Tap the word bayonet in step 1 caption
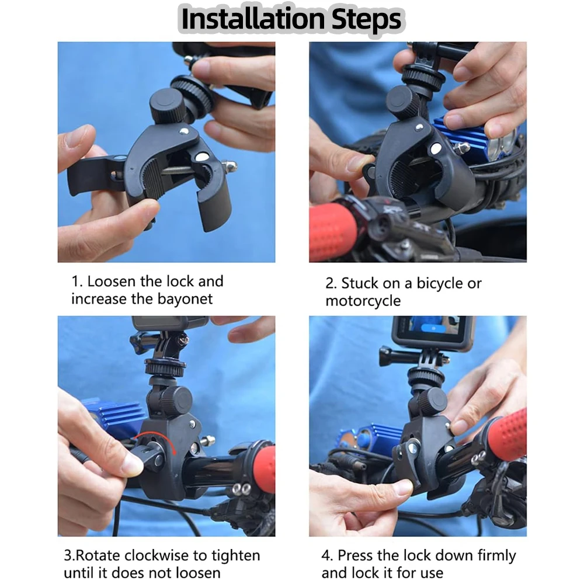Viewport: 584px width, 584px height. click(185, 299)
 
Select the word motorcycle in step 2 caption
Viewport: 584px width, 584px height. click(363, 301)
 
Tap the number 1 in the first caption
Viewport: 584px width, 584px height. click(76, 281)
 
